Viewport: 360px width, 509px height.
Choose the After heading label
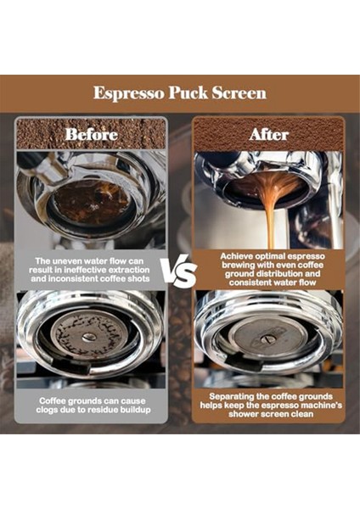(267, 134)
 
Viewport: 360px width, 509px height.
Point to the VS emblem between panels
(179, 273)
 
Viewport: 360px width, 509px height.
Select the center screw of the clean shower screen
(267, 338)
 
